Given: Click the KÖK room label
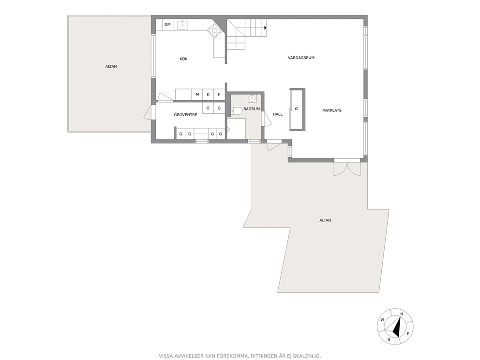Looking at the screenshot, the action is [183, 59].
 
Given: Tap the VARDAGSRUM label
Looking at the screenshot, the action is [301, 58].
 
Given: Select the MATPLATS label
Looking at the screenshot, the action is [331, 110].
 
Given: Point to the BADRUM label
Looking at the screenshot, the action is [252, 109].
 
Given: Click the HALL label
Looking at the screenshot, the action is [278, 114].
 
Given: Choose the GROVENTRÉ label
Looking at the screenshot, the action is [185, 115].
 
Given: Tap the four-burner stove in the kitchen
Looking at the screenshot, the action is [214, 30].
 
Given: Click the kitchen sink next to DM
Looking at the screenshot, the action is [182, 24].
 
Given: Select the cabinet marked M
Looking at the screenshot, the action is [197, 94].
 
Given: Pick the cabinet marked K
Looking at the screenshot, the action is [208, 94].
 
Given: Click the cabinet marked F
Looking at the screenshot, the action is [219, 94].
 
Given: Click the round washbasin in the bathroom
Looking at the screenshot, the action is [252, 98].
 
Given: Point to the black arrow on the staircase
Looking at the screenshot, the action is [266, 28].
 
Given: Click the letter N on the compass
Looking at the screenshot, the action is [402, 314].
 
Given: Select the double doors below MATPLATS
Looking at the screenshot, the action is [347, 167].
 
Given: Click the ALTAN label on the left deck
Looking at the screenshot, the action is [111, 66].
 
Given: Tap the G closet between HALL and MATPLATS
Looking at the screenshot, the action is [296, 109].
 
